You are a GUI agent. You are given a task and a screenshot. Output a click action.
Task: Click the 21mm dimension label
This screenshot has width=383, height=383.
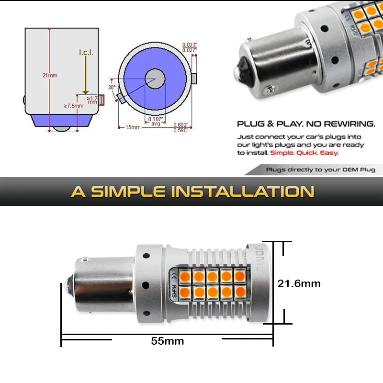pyautogui.click(x=49, y=75)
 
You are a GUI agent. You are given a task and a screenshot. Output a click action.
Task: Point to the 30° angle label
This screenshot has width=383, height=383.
pyautogui.click(x=112, y=88)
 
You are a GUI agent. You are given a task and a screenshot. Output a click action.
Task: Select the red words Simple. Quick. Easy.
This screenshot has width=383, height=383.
pyautogui.click(x=304, y=153)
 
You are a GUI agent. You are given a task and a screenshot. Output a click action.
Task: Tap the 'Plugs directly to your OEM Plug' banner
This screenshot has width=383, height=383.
pyautogui.click(x=321, y=169)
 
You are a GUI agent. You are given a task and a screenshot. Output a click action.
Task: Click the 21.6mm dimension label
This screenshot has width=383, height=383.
pyautogui.click(x=299, y=283)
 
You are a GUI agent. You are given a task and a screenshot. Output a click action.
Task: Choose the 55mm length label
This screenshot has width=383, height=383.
pyautogui.click(x=168, y=341)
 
